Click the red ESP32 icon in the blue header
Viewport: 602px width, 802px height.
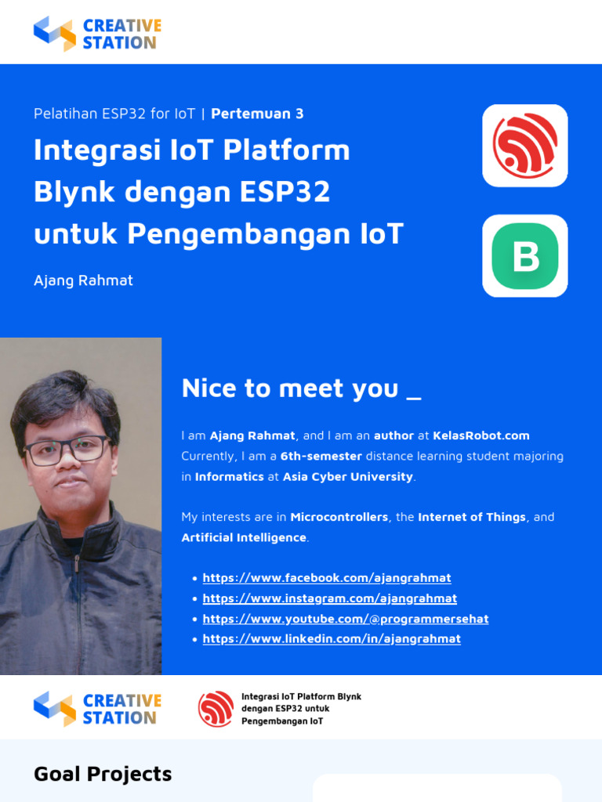click(x=524, y=146)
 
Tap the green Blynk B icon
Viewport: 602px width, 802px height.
click(x=524, y=256)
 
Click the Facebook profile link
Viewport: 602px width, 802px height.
click(x=326, y=578)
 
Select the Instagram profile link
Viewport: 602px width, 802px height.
click(x=329, y=598)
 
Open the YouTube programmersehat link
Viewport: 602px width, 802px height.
click(x=345, y=619)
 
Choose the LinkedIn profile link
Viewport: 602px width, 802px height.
click(x=331, y=639)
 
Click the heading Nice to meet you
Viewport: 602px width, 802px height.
click(x=301, y=388)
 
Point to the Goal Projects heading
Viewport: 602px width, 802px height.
click(x=103, y=774)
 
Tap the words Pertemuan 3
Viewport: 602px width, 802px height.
click(x=257, y=114)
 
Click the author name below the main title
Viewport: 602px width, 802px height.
click(x=83, y=280)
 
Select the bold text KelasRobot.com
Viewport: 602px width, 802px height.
click(x=481, y=435)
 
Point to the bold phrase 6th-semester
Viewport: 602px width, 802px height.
click(x=321, y=456)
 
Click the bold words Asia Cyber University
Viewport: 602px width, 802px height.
click(x=347, y=476)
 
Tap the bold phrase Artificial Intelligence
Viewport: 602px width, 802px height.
click(x=244, y=537)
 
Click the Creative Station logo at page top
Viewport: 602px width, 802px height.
click(x=97, y=34)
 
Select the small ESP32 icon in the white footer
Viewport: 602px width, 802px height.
click(x=216, y=709)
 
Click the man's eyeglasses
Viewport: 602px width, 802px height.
click(x=67, y=450)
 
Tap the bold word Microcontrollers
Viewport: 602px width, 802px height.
click(x=339, y=517)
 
